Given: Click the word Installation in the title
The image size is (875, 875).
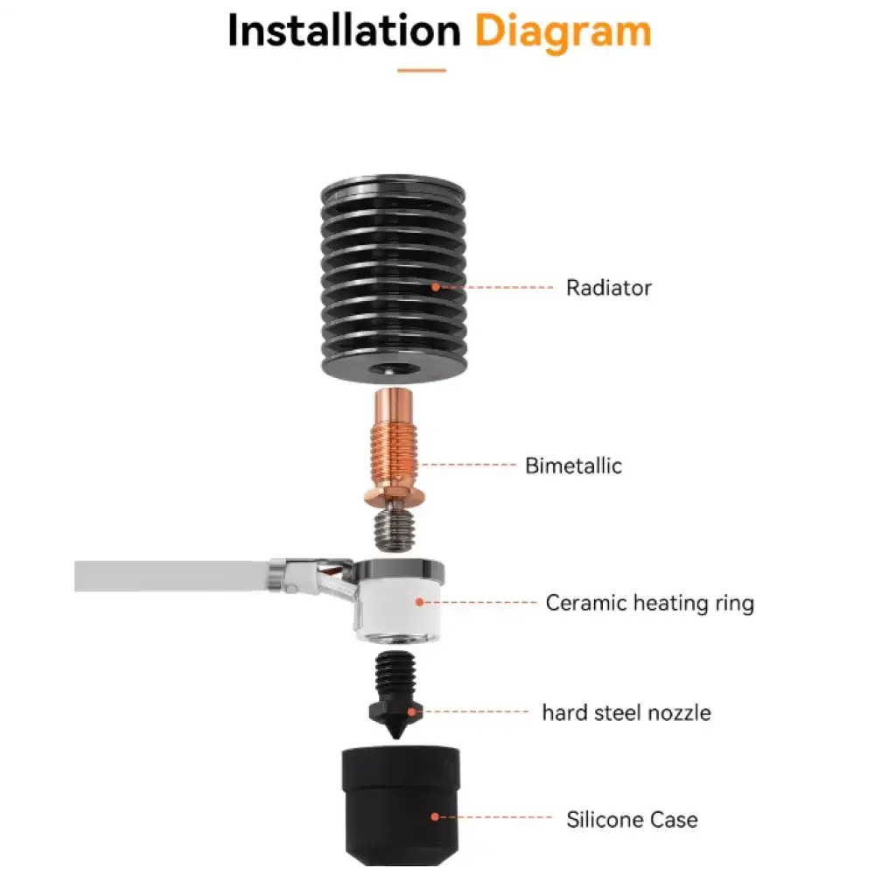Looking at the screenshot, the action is point(344,30).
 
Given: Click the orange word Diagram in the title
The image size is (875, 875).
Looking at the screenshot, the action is point(563,33).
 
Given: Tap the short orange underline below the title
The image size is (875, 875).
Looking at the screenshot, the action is point(422,70).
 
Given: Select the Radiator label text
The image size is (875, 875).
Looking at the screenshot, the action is point(609,288).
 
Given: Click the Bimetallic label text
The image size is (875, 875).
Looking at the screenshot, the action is point(574,465).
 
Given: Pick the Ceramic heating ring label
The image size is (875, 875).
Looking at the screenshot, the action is point(649,603).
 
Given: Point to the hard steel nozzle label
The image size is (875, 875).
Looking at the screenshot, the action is point(626,712).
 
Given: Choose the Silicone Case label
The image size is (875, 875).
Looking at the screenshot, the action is point(632,820).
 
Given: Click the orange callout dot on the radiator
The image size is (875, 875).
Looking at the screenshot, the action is point(436,287).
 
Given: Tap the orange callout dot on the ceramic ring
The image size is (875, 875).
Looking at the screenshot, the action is point(420,602).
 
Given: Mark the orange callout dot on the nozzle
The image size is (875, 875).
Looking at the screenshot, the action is point(412,712).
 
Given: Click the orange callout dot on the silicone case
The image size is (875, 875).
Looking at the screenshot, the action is point(435,817).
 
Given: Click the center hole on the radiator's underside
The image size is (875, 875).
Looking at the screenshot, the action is point(395,369).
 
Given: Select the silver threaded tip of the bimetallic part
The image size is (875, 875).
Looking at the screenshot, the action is point(395,528).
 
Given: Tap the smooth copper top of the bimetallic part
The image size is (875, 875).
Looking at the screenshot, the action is point(394,407).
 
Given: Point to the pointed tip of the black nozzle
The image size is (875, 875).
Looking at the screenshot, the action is point(396,737).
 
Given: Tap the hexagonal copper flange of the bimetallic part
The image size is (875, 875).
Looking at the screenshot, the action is point(395,494).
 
